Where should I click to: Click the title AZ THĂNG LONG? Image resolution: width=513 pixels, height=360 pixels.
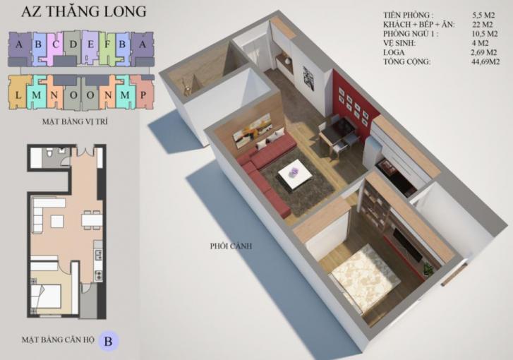pos(84,11)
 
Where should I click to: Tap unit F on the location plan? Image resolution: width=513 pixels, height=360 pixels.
pos(107,47)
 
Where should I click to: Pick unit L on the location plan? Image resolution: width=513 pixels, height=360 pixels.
pos(18,93)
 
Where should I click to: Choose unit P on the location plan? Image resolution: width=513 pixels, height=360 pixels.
pos(143,93)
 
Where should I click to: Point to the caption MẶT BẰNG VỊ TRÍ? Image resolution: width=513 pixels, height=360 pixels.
pos(75,121)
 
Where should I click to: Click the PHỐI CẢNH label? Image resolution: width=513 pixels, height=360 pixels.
pos(231,246)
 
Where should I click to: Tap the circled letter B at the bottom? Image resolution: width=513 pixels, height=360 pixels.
pos(108,341)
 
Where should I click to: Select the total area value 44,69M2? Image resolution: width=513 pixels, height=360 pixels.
pos(485,61)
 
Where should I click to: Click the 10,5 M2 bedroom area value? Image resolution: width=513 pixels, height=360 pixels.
pos(485,34)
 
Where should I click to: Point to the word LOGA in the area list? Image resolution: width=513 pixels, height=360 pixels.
pos(394,52)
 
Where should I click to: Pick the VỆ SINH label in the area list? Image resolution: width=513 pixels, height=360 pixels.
pos(399,43)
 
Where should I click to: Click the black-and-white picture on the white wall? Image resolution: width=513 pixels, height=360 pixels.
pos(308,78)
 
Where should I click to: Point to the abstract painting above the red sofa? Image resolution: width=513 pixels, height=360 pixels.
pos(252,128)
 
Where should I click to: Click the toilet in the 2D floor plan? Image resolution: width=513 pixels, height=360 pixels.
pos(49,153)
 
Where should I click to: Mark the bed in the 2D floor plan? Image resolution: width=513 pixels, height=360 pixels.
pos(47,296)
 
